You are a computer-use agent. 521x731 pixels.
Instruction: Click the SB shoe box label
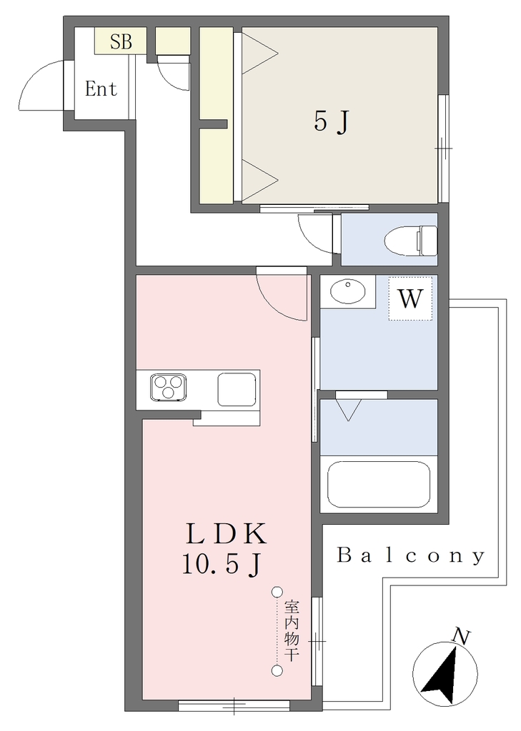[x=121, y=42]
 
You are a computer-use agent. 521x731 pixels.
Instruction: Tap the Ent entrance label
[x=101, y=89]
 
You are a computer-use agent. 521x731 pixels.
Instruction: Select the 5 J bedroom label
[x=332, y=122]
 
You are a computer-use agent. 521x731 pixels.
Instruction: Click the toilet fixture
[x=411, y=241]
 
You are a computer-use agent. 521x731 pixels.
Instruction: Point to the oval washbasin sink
[x=348, y=292]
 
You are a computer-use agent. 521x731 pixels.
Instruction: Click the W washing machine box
[x=410, y=298]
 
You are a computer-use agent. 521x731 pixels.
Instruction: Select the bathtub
[x=378, y=485]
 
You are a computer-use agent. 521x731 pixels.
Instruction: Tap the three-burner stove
[x=168, y=387]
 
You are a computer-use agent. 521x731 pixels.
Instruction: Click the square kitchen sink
[x=237, y=389]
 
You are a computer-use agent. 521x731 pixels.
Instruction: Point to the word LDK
[x=227, y=534]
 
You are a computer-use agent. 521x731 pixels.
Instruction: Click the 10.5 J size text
[x=222, y=566]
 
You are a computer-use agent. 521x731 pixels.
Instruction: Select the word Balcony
[x=411, y=555]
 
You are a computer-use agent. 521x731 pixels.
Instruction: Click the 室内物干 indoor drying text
[x=292, y=630]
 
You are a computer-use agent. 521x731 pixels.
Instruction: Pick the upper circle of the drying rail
[x=278, y=592]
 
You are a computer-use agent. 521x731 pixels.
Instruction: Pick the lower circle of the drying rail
[x=278, y=671]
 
